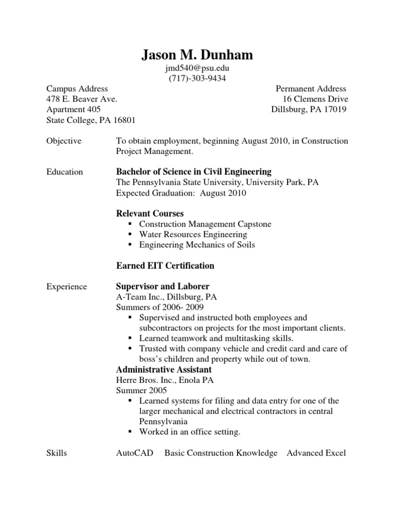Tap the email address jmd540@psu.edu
click(197, 68)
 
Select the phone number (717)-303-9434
click(197, 79)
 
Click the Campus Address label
click(77, 89)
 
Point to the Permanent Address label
click(311, 89)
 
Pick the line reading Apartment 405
click(74, 110)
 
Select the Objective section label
click(64, 141)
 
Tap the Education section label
click(65, 172)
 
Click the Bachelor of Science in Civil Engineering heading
click(194, 172)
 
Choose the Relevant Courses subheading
click(150, 214)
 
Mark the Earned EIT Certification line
click(165, 266)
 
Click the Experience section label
click(67, 287)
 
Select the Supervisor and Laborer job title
click(163, 286)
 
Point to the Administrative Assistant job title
click(164, 370)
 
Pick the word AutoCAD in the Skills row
click(135, 453)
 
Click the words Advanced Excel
click(316, 453)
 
